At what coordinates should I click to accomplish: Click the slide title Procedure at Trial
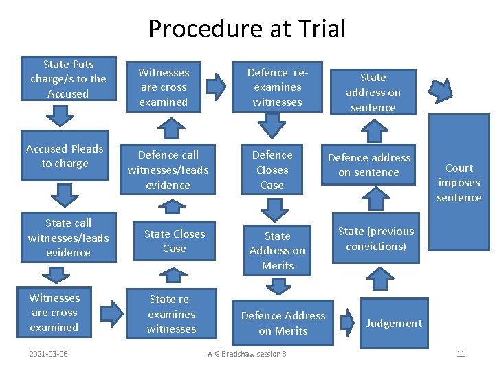tap(247, 29)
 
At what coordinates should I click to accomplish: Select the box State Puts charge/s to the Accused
tap(68, 79)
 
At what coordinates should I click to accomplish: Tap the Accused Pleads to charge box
tap(65, 157)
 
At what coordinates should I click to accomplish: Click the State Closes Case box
tap(174, 241)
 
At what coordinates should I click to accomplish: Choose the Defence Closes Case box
tap(272, 170)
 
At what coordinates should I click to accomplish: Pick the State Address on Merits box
tap(277, 251)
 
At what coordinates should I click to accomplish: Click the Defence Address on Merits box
tap(283, 323)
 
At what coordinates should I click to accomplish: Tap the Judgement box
tap(393, 323)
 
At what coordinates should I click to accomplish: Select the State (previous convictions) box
tap(376, 239)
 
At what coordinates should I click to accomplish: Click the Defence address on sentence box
tap(368, 165)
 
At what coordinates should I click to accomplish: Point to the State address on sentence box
tap(373, 93)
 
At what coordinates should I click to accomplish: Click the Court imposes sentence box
tap(459, 183)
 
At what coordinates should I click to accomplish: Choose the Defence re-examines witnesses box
tap(277, 87)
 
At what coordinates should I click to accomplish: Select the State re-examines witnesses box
tap(171, 315)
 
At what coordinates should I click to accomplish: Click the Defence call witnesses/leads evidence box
tap(168, 170)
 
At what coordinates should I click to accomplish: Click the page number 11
tap(461, 354)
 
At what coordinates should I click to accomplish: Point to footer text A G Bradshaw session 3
tap(247, 354)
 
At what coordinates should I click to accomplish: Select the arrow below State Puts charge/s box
tap(63, 115)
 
